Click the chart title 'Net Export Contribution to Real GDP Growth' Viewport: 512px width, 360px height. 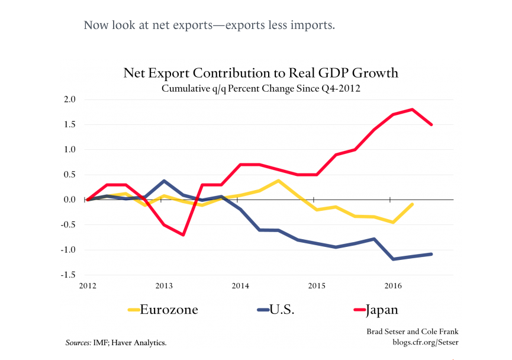click(260, 73)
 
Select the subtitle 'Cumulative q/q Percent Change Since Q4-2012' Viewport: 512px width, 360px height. click(260, 89)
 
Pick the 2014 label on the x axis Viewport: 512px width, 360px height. click(240, 287)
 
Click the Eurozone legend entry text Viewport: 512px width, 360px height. click(169, 309)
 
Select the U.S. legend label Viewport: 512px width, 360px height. click(282, 309)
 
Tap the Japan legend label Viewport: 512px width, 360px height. click(382, 309)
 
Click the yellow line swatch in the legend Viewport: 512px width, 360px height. click(134, 310)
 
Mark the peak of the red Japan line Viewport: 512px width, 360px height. click(411, 110)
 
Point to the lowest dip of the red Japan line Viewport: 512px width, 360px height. click(183, 234)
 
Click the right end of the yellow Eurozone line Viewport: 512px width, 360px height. click(411, 204)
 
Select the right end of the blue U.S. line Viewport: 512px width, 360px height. click(431, 254)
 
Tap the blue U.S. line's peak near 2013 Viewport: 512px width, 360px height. click(164, 181)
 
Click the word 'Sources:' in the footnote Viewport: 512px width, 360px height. click(78, 342)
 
